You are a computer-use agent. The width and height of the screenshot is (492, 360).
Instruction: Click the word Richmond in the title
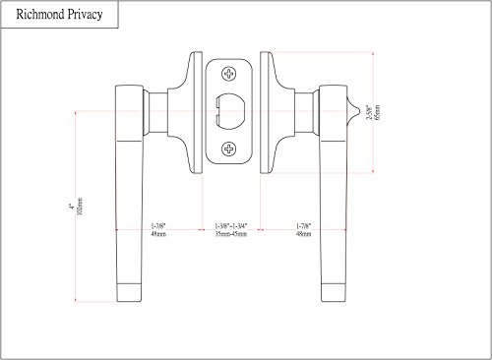(40, 15)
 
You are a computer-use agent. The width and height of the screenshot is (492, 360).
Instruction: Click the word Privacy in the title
(86, 15)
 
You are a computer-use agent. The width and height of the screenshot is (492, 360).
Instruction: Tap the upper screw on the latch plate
(229, 74)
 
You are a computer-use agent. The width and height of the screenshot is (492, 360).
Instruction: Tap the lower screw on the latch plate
(229, 150)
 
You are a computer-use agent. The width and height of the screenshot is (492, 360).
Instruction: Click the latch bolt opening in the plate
(229, 111)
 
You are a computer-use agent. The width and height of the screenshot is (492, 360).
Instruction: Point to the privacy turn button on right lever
(353, 111)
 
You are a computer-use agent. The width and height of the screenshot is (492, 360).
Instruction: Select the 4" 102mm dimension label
(76, 207)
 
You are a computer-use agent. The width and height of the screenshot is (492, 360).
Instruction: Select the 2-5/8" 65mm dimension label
(373, 112)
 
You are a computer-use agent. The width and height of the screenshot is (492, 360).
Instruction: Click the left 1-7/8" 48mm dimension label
(158, 230)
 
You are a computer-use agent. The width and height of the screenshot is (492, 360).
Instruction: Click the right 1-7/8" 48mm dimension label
(304, 230)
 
